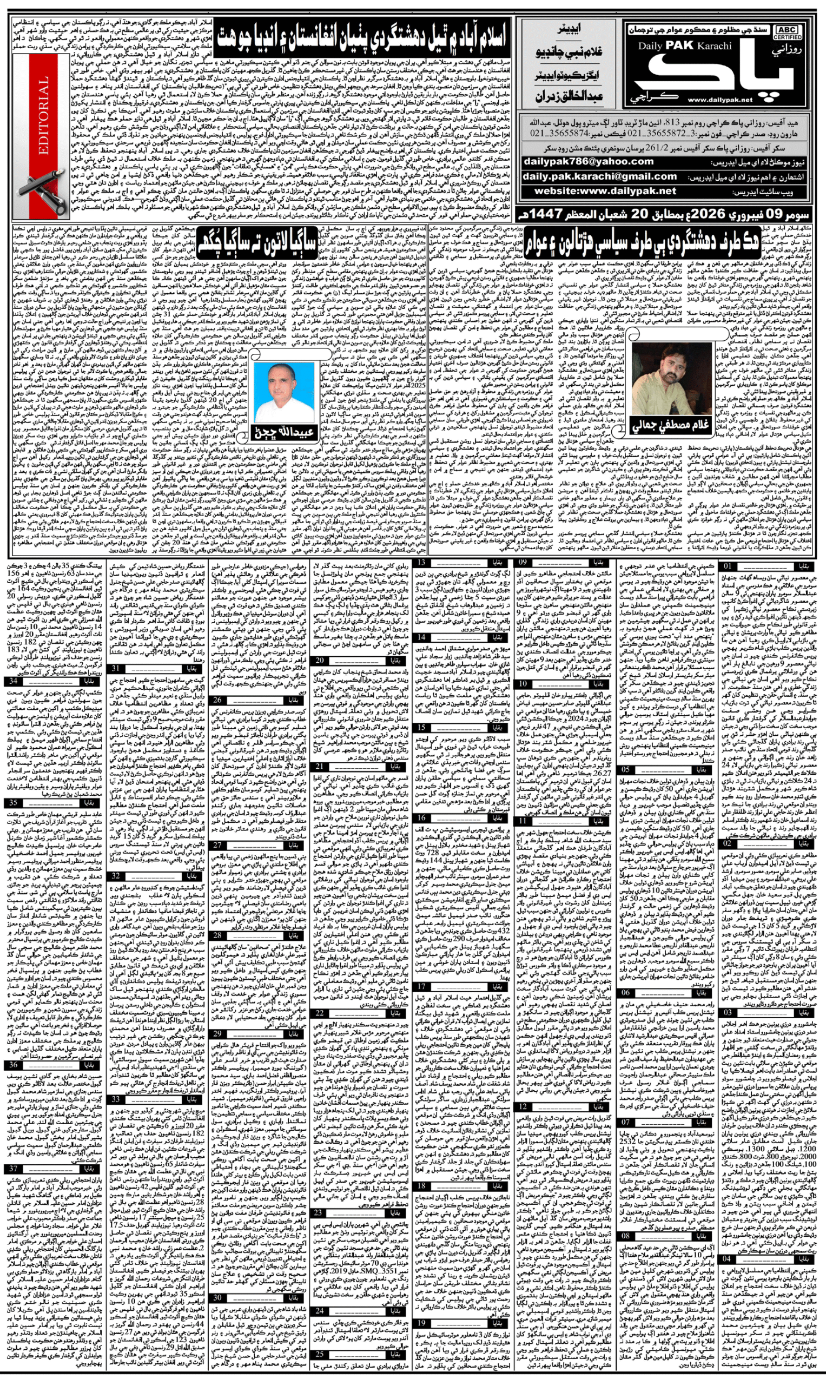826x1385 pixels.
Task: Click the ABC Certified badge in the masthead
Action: [787, 32]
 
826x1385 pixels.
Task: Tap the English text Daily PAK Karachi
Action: [685, 45]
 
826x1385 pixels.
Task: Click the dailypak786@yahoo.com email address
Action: [589, 161]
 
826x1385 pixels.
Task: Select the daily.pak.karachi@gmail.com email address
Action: [599, 176]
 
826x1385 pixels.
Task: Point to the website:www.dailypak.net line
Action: [605, 191]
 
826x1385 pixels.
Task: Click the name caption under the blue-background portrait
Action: [285, 432]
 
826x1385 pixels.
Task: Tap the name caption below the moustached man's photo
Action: [671, 426]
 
